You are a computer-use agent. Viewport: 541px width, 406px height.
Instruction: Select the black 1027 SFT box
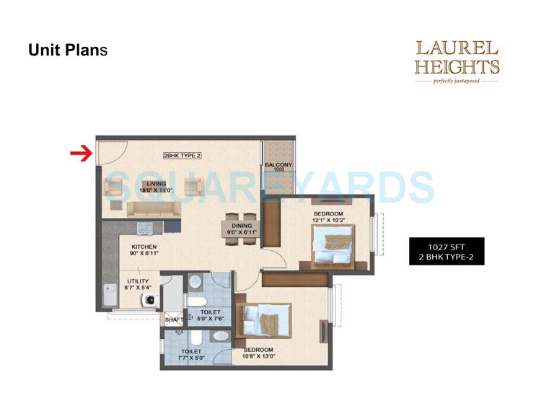446,250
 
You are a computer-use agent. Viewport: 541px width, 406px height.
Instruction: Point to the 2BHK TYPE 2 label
182,156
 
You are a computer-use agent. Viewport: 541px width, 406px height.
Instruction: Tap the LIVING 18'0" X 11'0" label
157,187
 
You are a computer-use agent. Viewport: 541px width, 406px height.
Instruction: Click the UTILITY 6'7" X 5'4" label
139,284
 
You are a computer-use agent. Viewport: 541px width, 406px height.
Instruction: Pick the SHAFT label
174,319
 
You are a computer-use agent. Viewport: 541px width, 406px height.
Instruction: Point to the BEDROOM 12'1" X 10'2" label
327,217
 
